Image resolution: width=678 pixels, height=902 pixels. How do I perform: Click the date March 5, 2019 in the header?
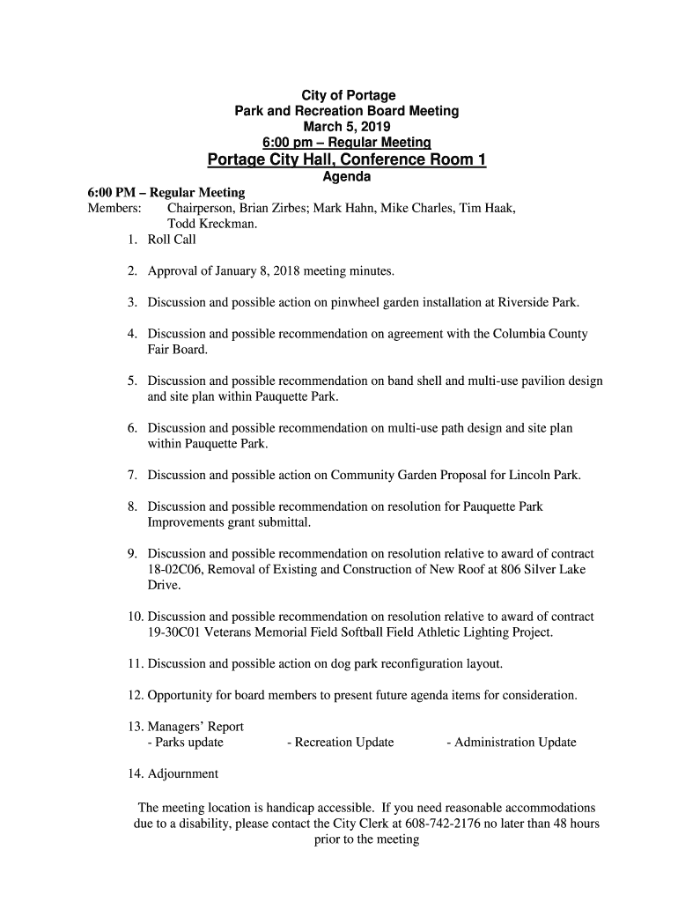click(x=346, y=126)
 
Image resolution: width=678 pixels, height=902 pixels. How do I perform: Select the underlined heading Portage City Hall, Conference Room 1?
click(x=346, y=159)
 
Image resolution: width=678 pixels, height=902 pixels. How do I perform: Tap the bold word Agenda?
click(x=346, y=176)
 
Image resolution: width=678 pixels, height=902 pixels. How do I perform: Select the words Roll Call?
click(x=172, y=240)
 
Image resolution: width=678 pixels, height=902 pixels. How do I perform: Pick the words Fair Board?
click(x=178, y=350)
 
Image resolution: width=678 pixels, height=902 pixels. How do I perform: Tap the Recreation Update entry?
click(x=340, y=743)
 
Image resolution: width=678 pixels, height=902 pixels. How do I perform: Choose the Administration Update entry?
click(x=511, y=743)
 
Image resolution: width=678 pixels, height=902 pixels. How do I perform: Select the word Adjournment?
click(x=183, y=774)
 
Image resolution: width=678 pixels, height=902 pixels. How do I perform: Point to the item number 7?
click(x=131, y=475)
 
